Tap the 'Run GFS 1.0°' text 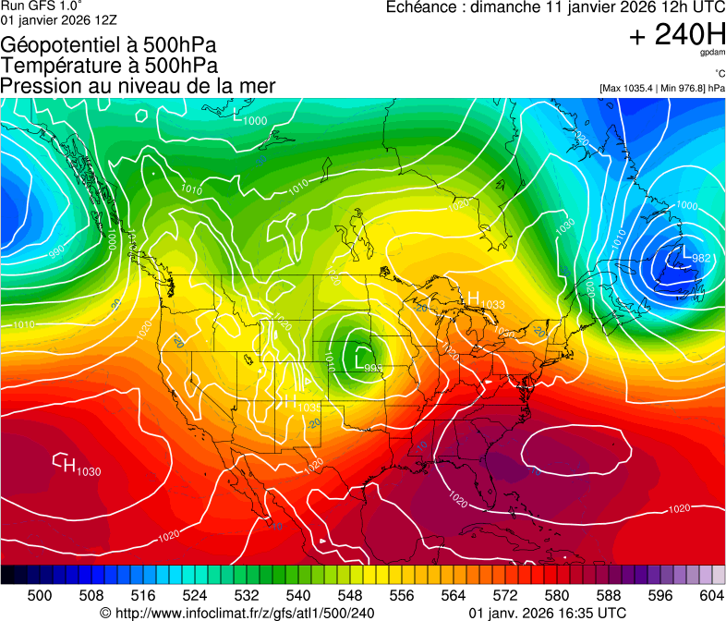(x=42, y=6)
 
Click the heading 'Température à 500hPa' (x=109, y=66)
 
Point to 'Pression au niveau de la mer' (x=138, y=86)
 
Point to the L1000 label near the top (x=250, y=119)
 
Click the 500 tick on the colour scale (x=40, y=594)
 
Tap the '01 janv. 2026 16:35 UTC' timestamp (x=548, y=613)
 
